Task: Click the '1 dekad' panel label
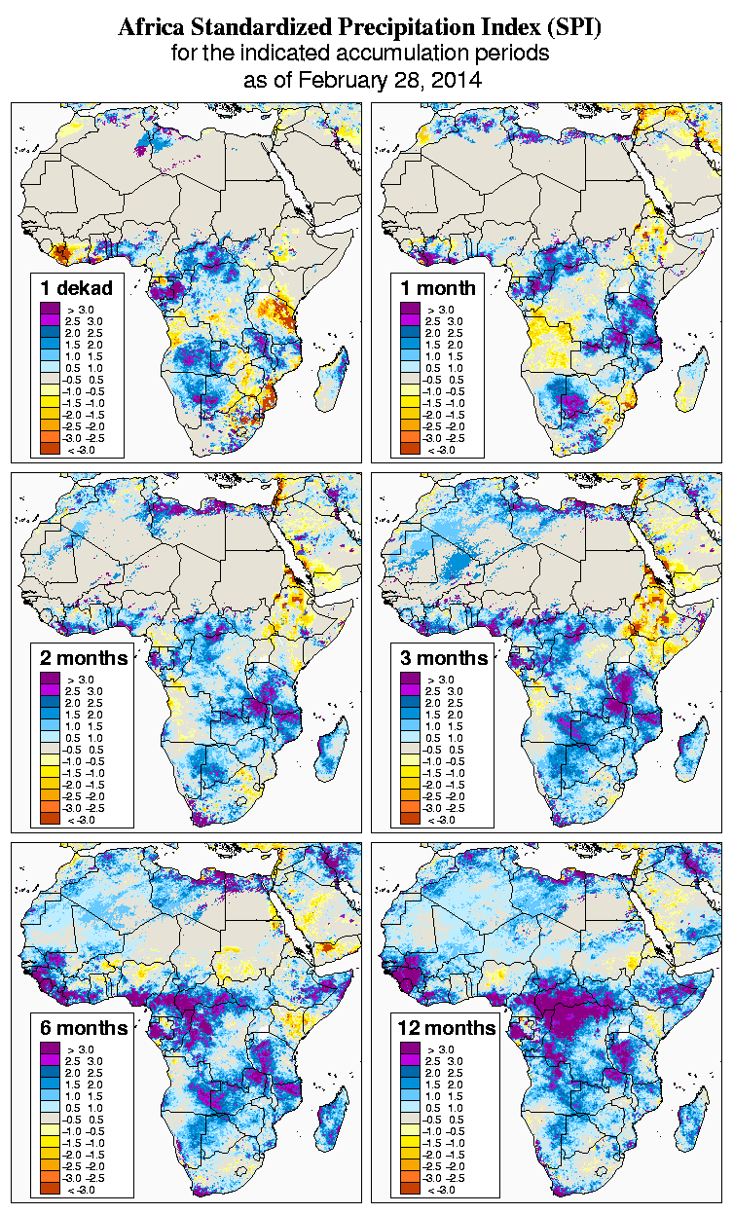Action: coord(77,288)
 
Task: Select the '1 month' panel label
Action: coord(437,288)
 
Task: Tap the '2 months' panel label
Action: coord(84,658)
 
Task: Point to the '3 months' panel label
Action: coord(443,658)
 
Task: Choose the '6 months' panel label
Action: coord(84,1028)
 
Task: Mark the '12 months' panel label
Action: coord(447,1028)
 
